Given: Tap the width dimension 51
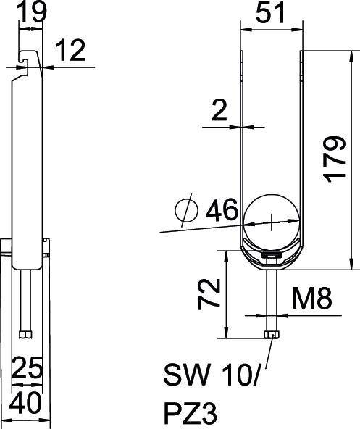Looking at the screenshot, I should coord(269,14).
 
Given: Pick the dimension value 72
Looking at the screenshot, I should coord(209,291).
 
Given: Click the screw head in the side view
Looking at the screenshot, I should coord(25,334).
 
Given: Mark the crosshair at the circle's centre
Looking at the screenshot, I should coord(270,220).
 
